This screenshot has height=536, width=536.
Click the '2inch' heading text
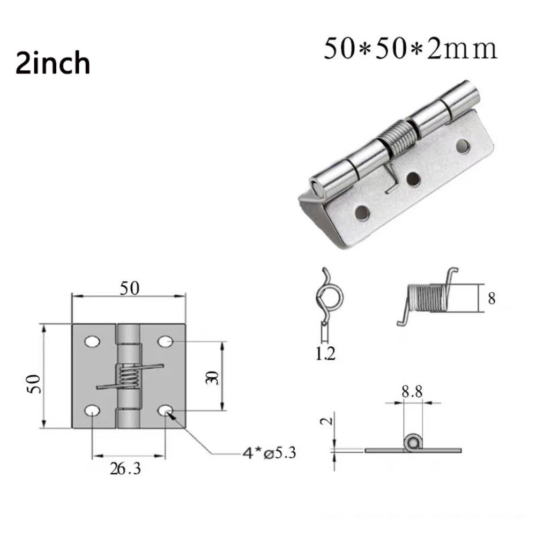[53, 63]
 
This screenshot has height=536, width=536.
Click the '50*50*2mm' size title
[410, 49]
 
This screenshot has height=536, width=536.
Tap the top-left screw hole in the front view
[92, 341]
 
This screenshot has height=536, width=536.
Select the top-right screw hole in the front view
[166, 341]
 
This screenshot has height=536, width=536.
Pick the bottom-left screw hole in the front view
[92, 410]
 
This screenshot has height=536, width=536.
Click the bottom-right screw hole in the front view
[166, 410]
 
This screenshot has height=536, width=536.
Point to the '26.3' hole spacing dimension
[125, 469]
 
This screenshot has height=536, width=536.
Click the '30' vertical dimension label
[212, 377]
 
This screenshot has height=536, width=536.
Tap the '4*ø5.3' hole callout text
[269, 453]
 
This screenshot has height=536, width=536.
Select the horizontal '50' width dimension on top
[130, 288]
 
